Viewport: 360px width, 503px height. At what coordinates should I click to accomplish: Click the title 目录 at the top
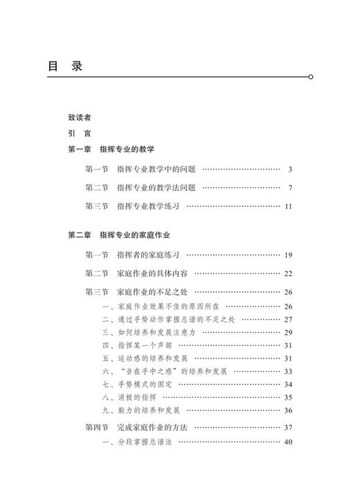pos(65,66)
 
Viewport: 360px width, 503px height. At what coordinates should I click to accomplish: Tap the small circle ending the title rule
pos(311,77)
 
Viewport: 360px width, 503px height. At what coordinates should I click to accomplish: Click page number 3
pos(291,169)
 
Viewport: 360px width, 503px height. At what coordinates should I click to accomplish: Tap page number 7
pos(291,188)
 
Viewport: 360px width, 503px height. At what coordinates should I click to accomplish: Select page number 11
pos(289,206)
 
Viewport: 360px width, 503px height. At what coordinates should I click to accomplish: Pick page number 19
pos(288,255)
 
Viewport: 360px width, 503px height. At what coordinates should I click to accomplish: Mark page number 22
pos(288,274)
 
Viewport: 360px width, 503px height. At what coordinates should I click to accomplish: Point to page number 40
pos(288,442)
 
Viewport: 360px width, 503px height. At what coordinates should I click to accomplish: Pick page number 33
pos(288,372)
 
